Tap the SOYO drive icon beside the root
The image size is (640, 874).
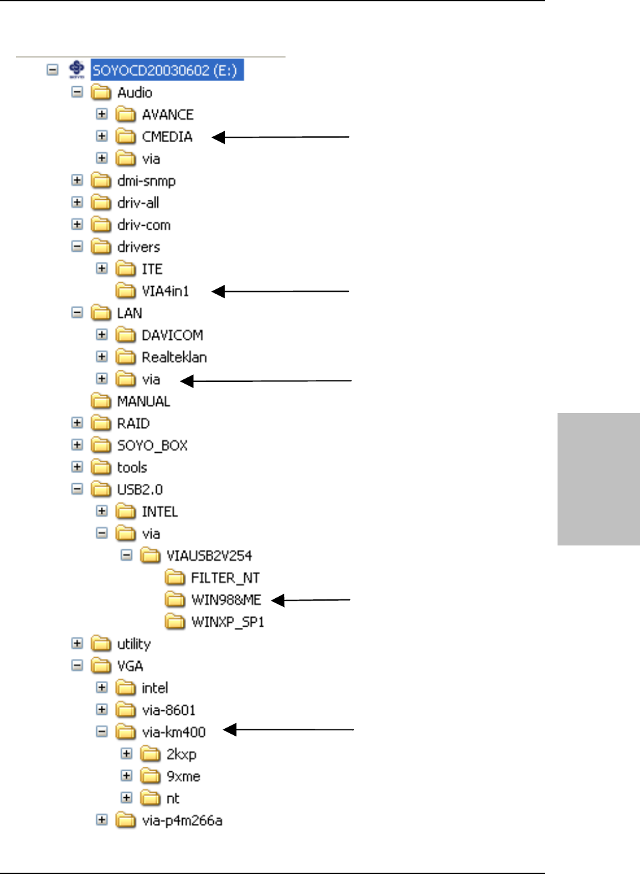[77, 69]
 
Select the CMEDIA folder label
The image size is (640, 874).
[167, 137]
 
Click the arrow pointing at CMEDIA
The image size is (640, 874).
[280, 137]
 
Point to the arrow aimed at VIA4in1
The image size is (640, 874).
[280, 292]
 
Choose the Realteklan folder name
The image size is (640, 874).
[174, 358]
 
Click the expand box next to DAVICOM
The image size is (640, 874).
[102, 335]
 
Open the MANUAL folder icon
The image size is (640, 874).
[101, 401]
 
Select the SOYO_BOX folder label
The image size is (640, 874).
[152, 446]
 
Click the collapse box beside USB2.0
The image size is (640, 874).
[77, 489]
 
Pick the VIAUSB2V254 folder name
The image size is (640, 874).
[209, 556]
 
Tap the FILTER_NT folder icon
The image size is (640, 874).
[175, 578]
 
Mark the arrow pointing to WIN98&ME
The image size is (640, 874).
[310, 600]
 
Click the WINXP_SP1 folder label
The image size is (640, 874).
[227, 622]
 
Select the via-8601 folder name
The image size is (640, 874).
[168, 710]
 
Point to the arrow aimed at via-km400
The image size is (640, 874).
[289, 731]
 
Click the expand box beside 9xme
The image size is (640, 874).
[127, 776]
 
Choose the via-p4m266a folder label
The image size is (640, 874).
[182, 821]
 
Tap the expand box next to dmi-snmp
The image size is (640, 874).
[77, 181]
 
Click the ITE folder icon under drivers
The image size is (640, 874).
[126, 269]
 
